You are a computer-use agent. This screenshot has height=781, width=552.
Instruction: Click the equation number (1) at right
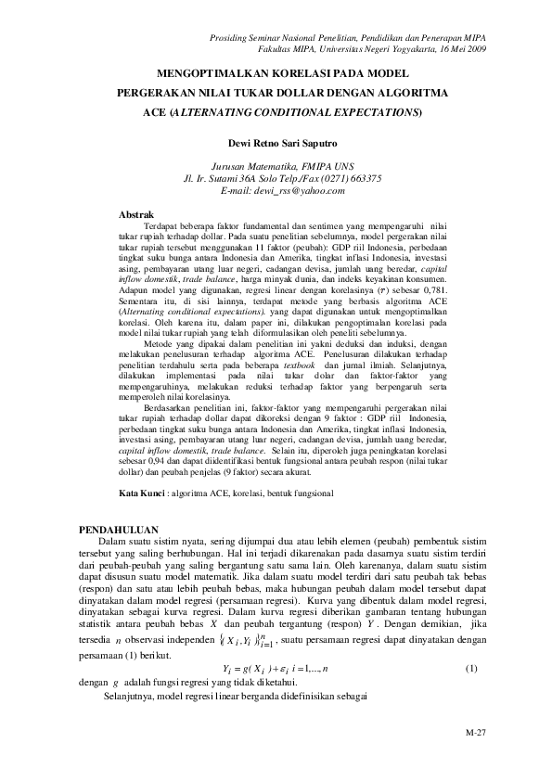[x=470, y=669]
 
